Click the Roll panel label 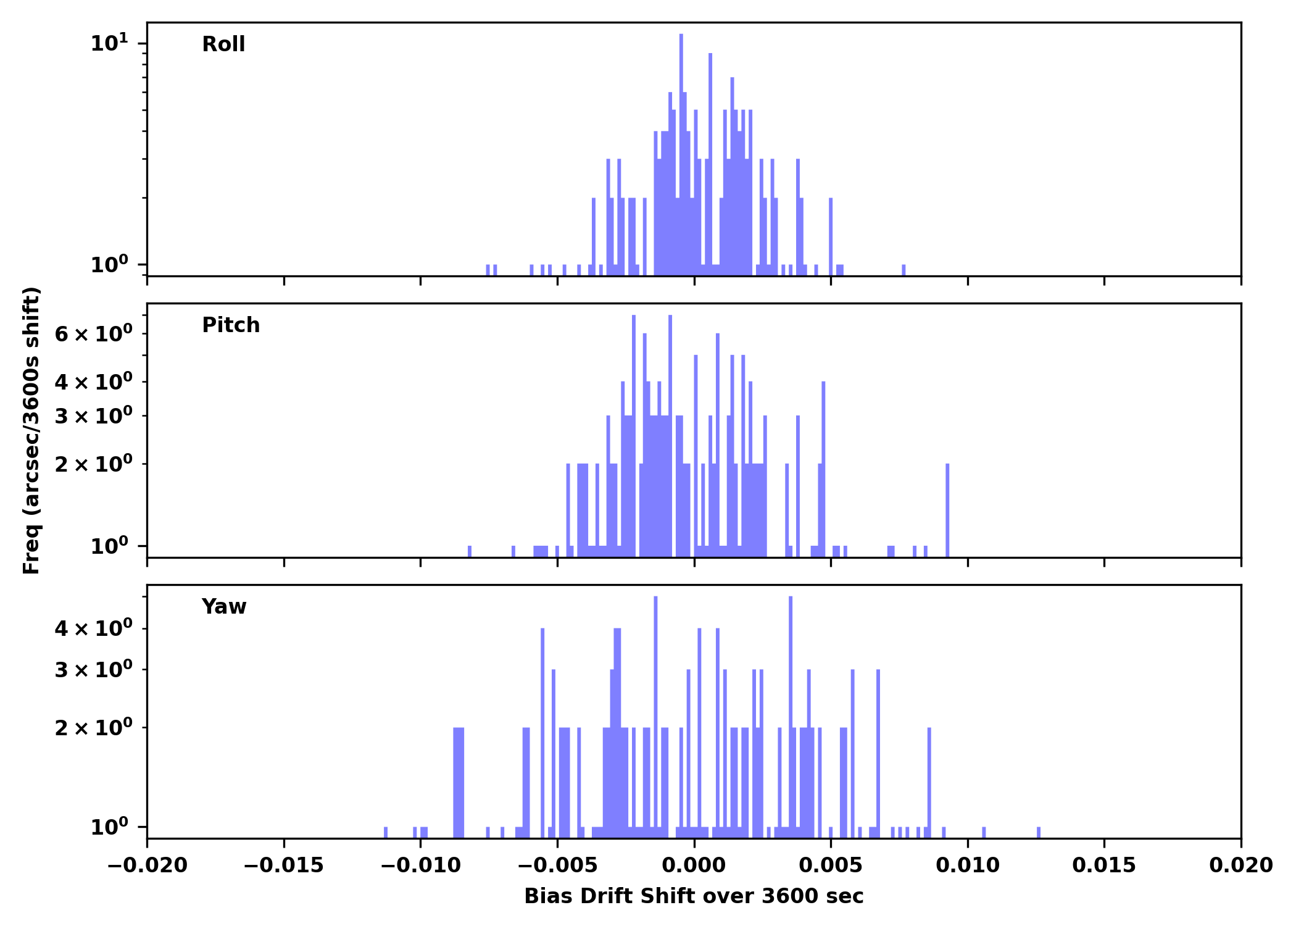tap(223, 44)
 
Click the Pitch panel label tap(231, 325)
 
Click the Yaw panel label tap(224, 607)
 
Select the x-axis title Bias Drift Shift tap(694, 896)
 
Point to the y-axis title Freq tap(31, 430)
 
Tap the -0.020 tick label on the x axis tap(147, 866)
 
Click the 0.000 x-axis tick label tap(694, 866)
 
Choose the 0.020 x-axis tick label tap(1240, 866)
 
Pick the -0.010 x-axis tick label tap(421, 866)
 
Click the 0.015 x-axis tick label tap(1104, 866)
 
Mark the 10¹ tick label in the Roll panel tap(110, 44)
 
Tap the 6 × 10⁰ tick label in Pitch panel tap(94, 335)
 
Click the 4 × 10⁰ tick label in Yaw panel tap(94, 629)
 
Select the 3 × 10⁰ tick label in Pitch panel tap(94, 416)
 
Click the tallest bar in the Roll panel tap(681, 154)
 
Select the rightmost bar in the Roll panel tap(903, 270)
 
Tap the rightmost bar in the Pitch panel tap(947, 510)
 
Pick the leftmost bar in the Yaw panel tap(386, 832)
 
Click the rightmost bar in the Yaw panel tap(1039, 832)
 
